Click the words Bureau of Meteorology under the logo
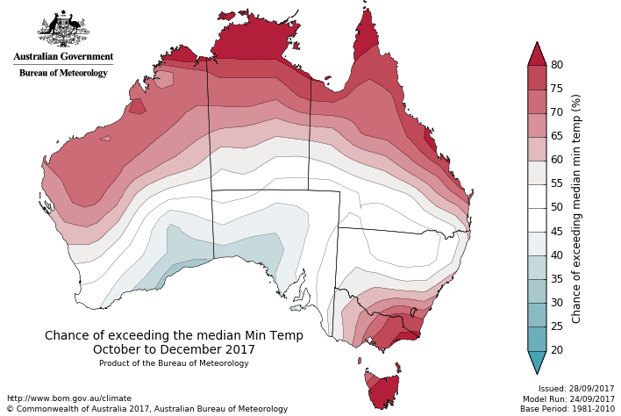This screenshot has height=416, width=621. [63, 73]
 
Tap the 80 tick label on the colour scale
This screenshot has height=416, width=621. [556, 65]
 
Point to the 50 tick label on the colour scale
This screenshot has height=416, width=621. [556, 207]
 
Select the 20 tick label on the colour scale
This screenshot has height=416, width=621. [556, 350]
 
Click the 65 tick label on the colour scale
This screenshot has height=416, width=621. [556, 136]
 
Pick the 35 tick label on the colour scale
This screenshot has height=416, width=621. [556, 279]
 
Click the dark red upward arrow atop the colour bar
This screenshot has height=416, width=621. [537, 54]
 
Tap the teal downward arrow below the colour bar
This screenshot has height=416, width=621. [537, 362]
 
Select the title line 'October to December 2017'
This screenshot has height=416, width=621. [174, 348]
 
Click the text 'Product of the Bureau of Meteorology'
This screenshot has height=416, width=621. [174, 363]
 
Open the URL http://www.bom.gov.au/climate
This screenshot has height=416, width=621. [68, 398]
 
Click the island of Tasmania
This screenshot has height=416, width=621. [381, 389]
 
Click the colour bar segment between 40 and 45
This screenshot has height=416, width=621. [537, 243]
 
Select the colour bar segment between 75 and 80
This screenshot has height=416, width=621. [537, 76]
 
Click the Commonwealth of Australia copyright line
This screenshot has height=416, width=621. [147, 409]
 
